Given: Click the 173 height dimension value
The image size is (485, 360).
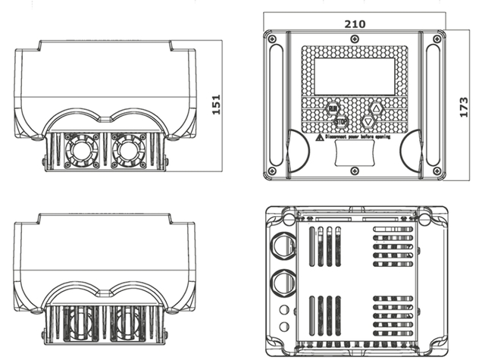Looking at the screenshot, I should tap(465, 107).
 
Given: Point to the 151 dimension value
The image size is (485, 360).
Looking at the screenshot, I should tap(217, 106).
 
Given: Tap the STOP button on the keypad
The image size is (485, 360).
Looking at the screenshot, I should tap(340, 122).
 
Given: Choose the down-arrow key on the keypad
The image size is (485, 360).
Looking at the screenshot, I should tap(369, 121).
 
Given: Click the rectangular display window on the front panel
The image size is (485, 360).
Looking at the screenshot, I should tap(355, 77).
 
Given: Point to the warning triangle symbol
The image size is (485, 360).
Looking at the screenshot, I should tap(321, 138).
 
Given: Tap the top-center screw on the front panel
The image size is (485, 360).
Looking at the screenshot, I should tap(355, 33).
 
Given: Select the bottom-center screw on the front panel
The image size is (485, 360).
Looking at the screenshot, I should tap(355, 174).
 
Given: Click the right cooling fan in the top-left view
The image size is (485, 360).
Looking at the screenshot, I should tap(127, 150).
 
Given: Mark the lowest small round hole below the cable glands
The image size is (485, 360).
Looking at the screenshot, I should tap(283, 327).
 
